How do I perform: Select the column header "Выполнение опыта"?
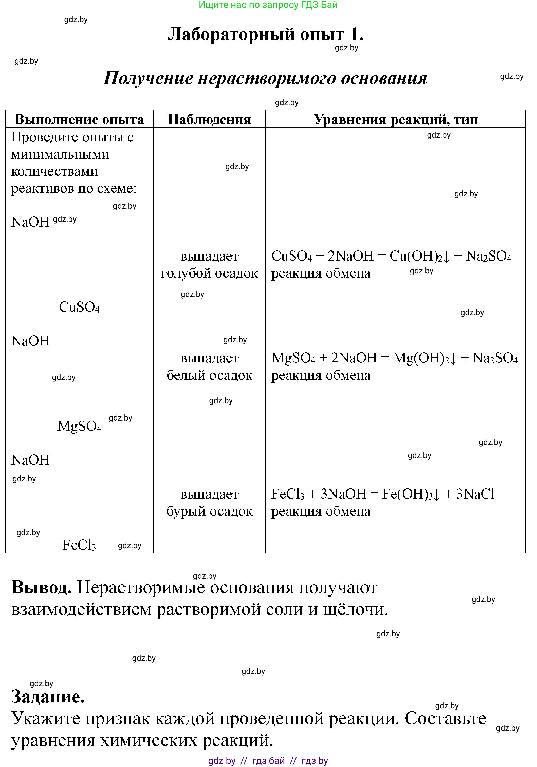[x=79, y=119]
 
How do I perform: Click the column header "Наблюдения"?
[x=209, y=119]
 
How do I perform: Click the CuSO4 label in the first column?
[x=79, y=307]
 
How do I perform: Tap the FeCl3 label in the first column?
[x=79, y=545]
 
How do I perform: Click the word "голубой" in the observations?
[x=186, y=273]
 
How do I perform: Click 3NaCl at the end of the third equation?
[x=475, y=494]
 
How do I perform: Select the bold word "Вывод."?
[x=42, y=587]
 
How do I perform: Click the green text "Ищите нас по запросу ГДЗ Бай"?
[x=268, y=5]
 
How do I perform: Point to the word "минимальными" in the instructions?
[x=60, y=154]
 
